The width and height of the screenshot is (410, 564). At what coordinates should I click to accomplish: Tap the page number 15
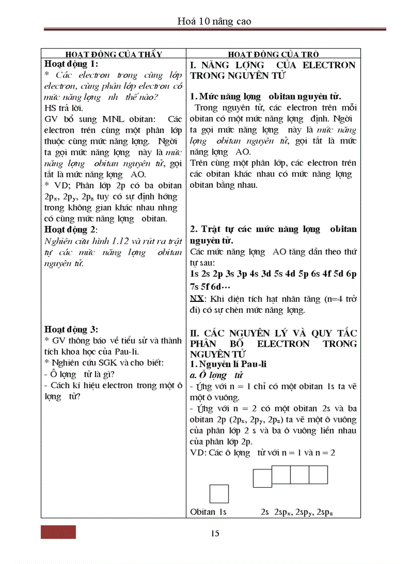pos(215,533)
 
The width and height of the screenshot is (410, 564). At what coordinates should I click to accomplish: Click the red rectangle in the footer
pos(58,532)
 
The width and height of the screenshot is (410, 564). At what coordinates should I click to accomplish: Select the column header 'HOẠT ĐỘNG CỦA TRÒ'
pos(273,54)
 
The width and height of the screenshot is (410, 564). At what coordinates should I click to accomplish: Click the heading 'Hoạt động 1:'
pos(71,64)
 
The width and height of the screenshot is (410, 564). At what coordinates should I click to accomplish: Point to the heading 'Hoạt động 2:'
pos(71,229)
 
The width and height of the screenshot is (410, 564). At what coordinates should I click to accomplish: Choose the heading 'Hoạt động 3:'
pos(71,329)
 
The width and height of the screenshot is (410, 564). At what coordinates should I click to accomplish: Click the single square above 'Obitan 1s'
pos(219,494)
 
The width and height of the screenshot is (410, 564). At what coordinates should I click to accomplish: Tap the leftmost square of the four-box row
pos(262,478)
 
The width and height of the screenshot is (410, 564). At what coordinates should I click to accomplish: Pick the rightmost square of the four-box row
pos(318,475)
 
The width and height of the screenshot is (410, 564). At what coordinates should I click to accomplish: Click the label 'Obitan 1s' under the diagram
pos(209,512)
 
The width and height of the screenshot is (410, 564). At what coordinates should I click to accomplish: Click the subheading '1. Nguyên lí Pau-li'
pos(228,364)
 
